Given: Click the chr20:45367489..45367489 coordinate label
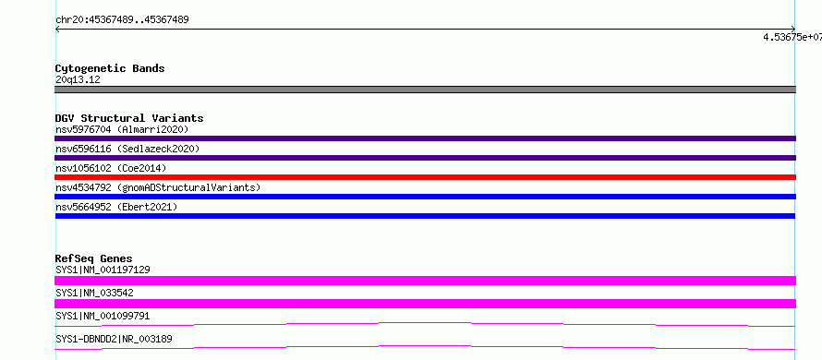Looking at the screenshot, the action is click(122, 20).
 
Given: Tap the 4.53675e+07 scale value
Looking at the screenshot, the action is click(792, 37).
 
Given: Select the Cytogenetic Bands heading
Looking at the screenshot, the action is click(110, 68).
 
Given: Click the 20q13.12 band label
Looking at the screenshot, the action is click(78, 80).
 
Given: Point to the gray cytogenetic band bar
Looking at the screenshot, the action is click(425, 90).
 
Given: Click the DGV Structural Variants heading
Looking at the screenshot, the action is click(129, 118).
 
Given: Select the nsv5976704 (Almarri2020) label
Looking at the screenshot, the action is click(122, 129).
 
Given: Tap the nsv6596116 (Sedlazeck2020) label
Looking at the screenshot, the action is click(127, 149).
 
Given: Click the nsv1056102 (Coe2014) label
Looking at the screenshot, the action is click(111, 168).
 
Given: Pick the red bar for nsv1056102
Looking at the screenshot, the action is click(425, 177).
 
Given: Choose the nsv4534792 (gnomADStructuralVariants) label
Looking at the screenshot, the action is click(158, 187).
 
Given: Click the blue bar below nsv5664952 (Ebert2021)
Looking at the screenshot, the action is click(425, 216).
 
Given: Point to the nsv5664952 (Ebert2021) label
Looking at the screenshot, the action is click(116, 207).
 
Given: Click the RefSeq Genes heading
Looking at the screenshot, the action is click(94, 258).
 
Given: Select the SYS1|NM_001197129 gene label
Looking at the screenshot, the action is click(103, 270).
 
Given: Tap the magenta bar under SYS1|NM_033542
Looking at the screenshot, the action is click(425, 304).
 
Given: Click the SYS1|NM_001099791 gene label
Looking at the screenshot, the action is click(103, 316).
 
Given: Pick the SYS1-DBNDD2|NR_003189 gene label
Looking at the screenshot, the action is click(114, 339).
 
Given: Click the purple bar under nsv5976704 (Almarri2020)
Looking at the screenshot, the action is click(425, 138).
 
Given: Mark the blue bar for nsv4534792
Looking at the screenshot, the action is click(425, 197).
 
